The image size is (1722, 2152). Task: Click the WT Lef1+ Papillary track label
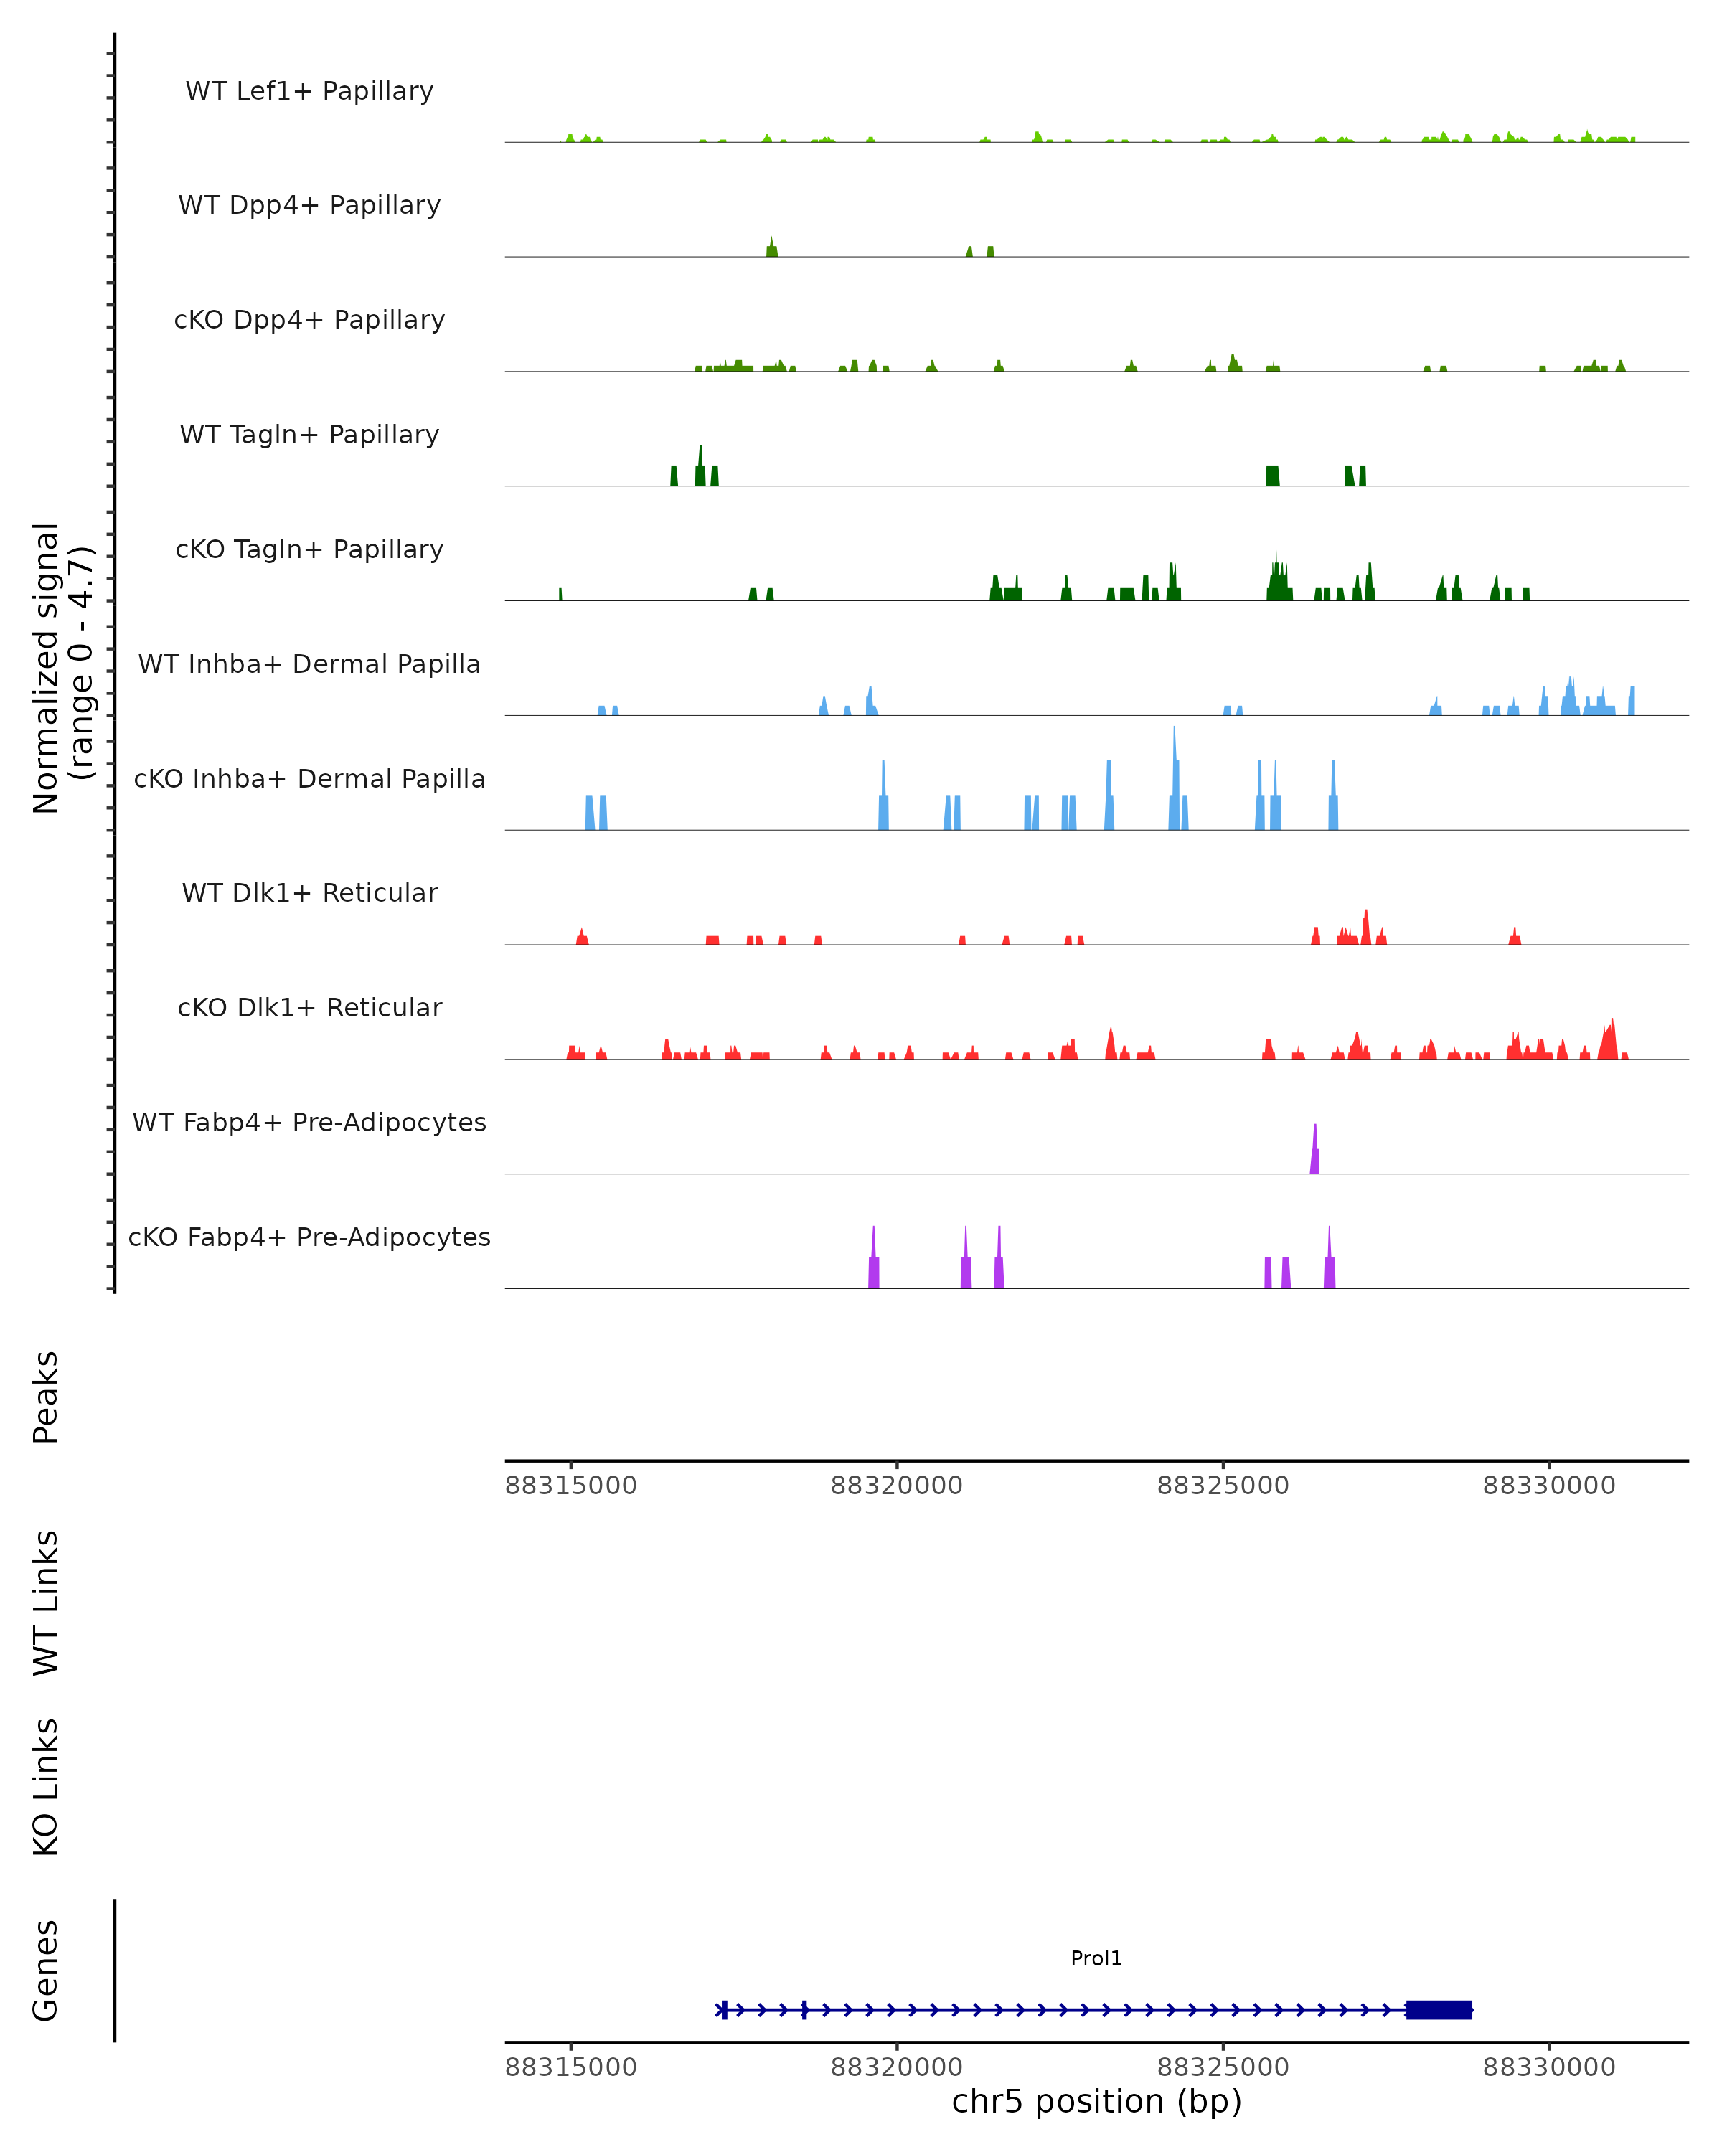pyautogui.click(x=309, y=91)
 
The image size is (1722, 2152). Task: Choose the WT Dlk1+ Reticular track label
pyautogui.click(x=309, y=892)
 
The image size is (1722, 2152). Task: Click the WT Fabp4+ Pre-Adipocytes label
pyautogui.click(x=309, y=1122)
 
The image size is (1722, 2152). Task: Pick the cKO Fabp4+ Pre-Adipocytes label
pyautogui.click(x=309, y=1237)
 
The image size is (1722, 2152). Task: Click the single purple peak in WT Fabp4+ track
pyautogui.click(x=1314, y=1153)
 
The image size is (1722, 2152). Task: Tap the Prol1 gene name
pyautogui.click(x=1096, y=1958)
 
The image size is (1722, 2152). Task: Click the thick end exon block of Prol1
pyautogui.click(x=1439, y=2009)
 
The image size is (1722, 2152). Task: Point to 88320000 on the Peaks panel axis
pyautogui.click(x=896, y=1486)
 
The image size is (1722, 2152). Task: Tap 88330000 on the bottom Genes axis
pyautogui.click(x=1548, y=2067)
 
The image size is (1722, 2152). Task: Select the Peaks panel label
pyautogui.click(x=46, y=1397)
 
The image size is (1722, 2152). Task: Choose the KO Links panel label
pyautogui.click(x=46, y=1787)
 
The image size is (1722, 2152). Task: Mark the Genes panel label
pyautogui.click(x=46, y=1971)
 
